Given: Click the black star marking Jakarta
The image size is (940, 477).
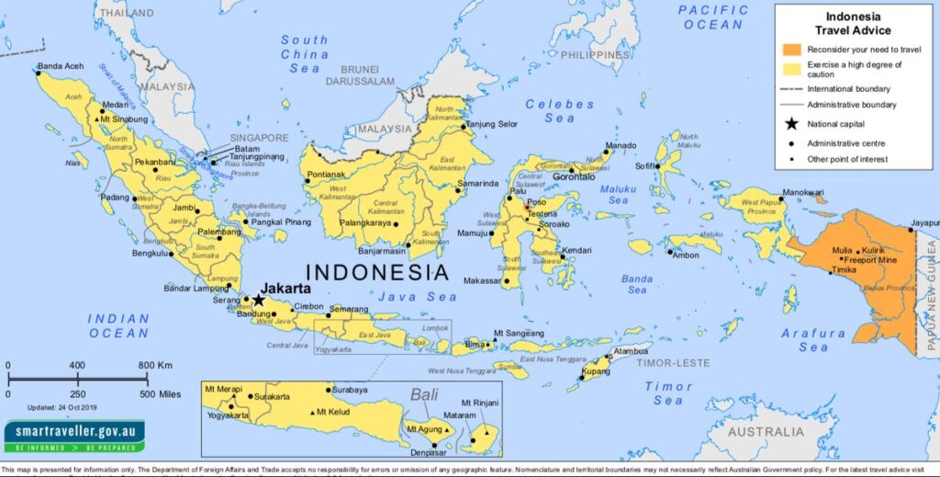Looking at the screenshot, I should (259, 300).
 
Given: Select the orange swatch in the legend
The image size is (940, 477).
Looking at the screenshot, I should (790, 49).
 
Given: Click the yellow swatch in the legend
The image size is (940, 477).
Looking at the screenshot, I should (790, 69).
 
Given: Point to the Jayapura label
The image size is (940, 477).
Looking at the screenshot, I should (923, 222).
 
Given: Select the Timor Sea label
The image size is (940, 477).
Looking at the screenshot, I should (667, 393).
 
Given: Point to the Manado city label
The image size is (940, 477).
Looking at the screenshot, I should (621, 145).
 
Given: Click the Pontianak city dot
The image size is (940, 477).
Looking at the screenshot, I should (308, 180).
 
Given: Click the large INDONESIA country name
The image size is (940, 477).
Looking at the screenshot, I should (376, 272).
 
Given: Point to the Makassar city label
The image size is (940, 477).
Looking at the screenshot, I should (483, 280).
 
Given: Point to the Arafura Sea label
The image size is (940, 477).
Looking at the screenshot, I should (812, 340).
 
